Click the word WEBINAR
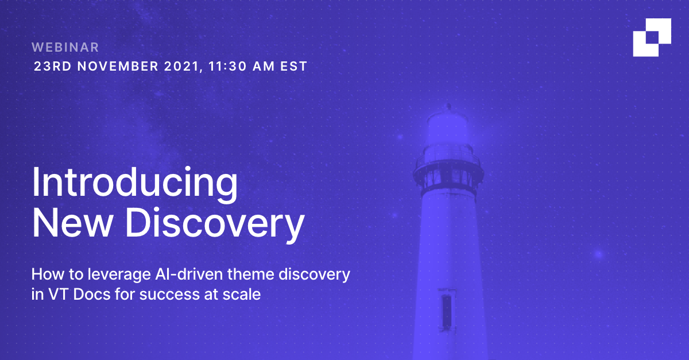[x=66, y=47]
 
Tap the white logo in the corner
[x=652, y=37]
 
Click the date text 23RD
[x=53, y=66]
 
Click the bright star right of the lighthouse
[x=599, y=254]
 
